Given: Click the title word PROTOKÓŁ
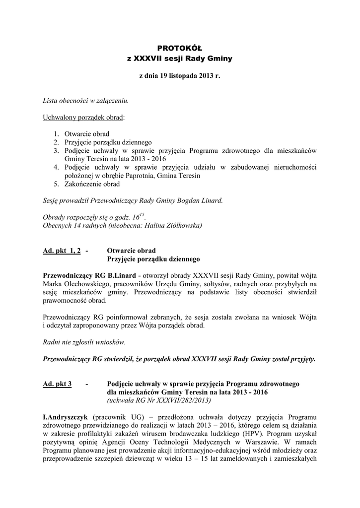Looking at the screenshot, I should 180,48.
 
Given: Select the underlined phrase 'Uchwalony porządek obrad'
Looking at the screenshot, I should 84,118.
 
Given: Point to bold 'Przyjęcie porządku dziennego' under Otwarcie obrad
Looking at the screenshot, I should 153,259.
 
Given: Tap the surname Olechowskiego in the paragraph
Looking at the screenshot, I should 87,284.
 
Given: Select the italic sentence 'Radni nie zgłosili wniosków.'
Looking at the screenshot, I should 84,342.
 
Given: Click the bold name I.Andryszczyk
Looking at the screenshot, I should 65,417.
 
